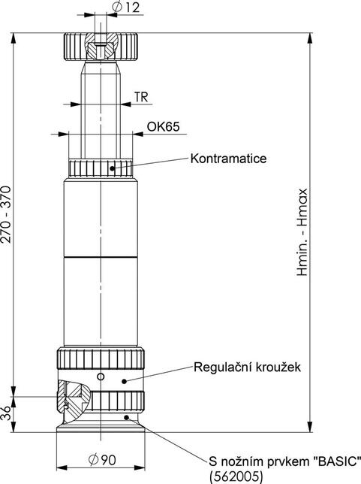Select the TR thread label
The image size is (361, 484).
pos(140,96)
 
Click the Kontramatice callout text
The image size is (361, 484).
pos(228,159)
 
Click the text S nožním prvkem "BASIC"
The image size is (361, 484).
pos(286,459)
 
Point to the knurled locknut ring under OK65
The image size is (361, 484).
pos(101,168)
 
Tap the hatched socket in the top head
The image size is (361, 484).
pos(101,50)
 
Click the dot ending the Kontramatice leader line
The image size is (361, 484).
pos(114,168)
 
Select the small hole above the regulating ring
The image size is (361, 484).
pos(100,376)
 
